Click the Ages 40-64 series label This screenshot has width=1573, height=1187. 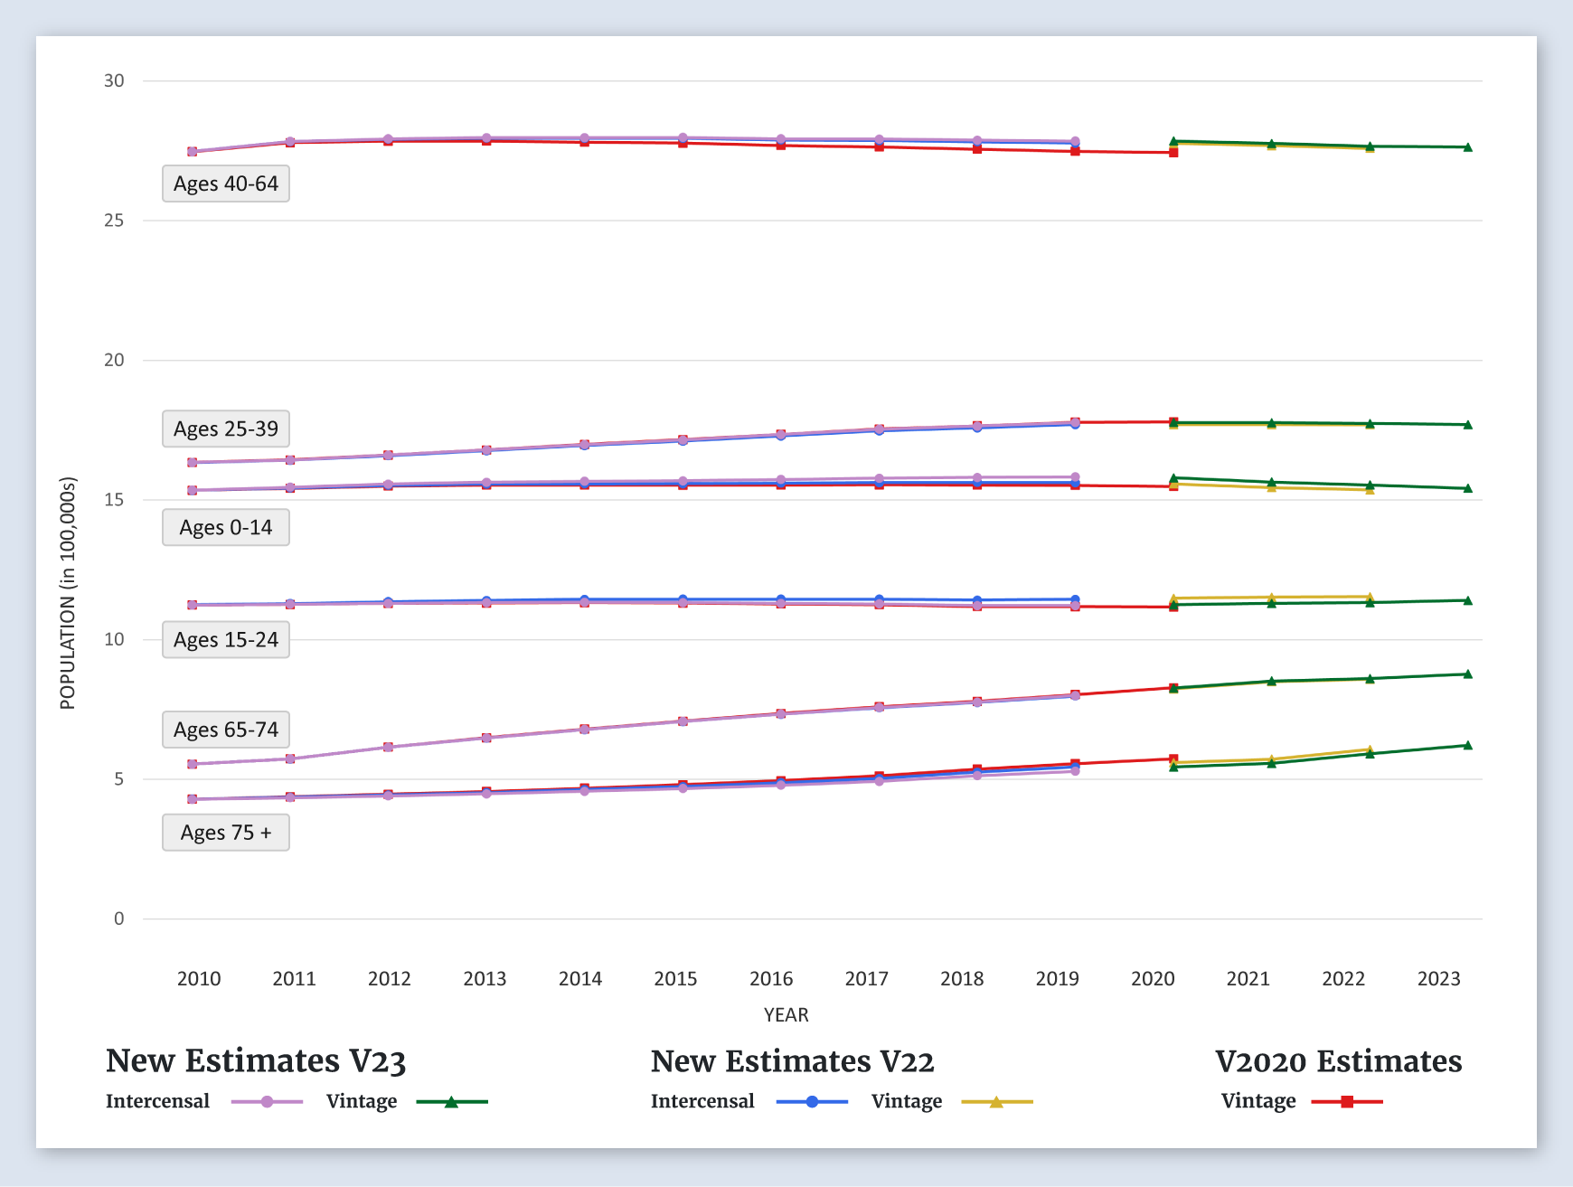coord(226,184)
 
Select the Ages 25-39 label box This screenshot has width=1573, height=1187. coord(226,429)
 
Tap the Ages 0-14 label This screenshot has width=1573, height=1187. coord(226,527)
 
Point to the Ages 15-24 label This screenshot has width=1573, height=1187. coord(226,639)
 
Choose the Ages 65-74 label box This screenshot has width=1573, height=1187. coord(226,730)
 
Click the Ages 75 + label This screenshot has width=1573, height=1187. coord(226,833)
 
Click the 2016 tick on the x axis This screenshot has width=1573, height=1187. coord(771,978)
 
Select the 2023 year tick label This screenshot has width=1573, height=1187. coord(1438,978)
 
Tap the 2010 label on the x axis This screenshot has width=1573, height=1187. coord(199,978)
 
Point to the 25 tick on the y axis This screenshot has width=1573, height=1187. coord(114,221)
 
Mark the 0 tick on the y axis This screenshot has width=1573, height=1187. coord(118,919)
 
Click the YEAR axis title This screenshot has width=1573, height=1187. coord(786,1014)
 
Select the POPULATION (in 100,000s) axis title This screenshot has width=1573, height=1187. coord(68,593)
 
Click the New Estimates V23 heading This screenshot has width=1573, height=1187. coord(256,1060)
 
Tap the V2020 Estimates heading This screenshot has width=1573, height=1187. coord(1338,1060)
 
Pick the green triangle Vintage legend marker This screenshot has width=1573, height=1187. coord(451,1102)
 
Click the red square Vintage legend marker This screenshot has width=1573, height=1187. coord(1347,1102)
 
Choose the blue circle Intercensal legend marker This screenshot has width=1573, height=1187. coord(812,1102)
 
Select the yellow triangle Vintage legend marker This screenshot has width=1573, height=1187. coord(996,1102)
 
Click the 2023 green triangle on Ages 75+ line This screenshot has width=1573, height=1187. coord(1467,745)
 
